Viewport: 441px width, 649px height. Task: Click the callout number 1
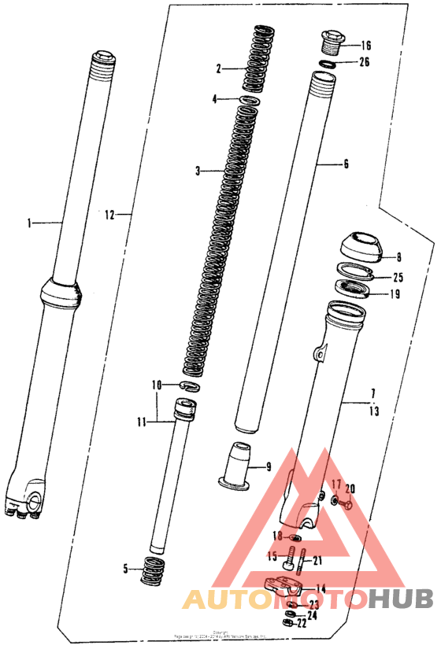click(31, 223)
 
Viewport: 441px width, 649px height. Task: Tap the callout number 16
click(365, 46)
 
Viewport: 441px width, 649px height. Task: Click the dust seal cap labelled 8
click(360, 247)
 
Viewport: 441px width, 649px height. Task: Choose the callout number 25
click(398, 277)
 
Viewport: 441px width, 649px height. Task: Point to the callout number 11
click(141, 422)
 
